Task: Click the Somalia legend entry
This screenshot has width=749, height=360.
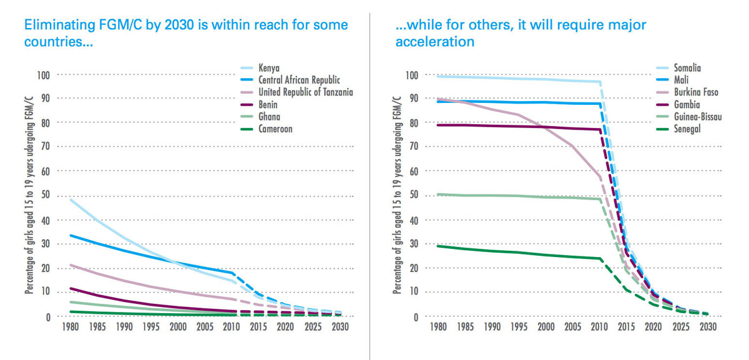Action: coord(688,67)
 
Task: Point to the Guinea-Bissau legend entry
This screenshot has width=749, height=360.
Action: coord(698,116)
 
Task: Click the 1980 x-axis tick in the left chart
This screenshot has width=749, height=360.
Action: coord(71,326)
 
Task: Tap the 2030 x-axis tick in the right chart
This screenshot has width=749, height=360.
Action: coord(707,326)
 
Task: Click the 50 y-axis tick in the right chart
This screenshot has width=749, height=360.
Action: coord(414,195)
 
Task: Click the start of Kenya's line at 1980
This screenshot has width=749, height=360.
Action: coord(70,199)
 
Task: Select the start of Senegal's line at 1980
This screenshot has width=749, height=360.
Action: coord(438,246)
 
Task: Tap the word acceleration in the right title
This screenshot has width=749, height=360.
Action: coord(435,42)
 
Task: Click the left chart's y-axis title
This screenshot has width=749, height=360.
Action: coord(29,195)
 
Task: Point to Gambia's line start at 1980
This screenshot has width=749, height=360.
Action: coord(438,125)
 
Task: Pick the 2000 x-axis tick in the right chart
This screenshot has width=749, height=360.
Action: coord(546,326)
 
